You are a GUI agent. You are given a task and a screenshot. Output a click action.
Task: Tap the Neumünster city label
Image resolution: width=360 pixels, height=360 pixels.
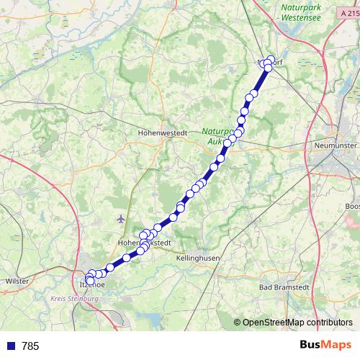[336, 145]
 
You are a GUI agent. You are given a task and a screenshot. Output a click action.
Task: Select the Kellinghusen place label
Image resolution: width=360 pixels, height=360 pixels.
[197, 257]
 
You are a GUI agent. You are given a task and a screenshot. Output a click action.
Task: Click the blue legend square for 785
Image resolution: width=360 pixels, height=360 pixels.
[12, 346]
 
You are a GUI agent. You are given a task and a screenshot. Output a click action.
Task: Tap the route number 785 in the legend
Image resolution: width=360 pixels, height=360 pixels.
[30, 346]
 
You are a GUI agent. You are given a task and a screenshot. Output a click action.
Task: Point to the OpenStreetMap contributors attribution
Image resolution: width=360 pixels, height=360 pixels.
[297, 323]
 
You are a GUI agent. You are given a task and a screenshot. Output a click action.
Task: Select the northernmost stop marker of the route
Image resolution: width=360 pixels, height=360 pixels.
[271, 60]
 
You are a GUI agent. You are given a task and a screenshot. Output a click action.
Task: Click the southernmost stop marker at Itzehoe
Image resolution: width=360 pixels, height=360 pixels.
[90, 281]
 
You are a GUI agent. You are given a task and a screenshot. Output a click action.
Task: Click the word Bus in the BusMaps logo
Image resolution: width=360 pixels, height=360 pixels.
[311, 346]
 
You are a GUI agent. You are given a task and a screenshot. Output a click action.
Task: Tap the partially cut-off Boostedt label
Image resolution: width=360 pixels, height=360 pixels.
[352, 207]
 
